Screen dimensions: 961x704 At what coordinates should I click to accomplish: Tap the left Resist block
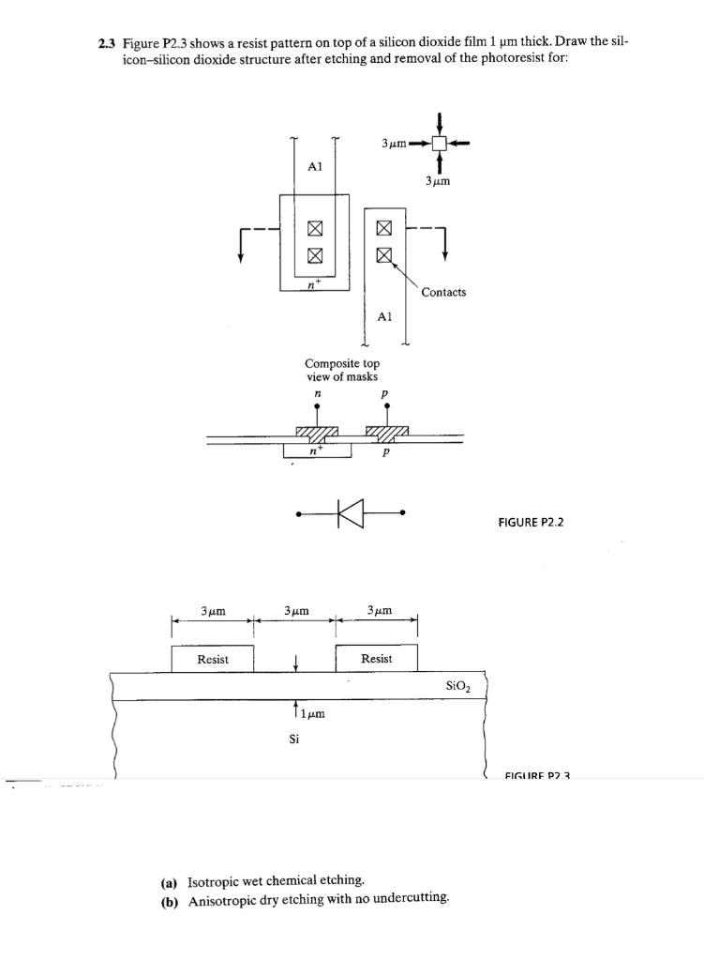(x=212, y=659)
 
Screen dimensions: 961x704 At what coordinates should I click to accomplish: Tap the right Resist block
(x=376, y=659)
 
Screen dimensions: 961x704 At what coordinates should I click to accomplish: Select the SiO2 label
(x=458, y=686)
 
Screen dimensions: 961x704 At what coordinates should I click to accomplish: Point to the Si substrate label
(x=294, y=739)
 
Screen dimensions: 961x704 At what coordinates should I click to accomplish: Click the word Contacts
(x=443, y=292)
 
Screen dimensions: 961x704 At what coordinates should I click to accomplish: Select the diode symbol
(x=351, y=513)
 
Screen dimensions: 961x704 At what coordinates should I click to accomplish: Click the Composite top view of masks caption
(x=341, y=369)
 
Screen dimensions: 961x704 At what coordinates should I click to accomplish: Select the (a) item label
(x=169, y=881)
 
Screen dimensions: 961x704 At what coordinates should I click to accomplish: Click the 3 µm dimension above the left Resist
(x=212, y=611)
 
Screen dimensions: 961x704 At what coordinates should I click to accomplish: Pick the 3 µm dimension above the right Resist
(x=376, y=611)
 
